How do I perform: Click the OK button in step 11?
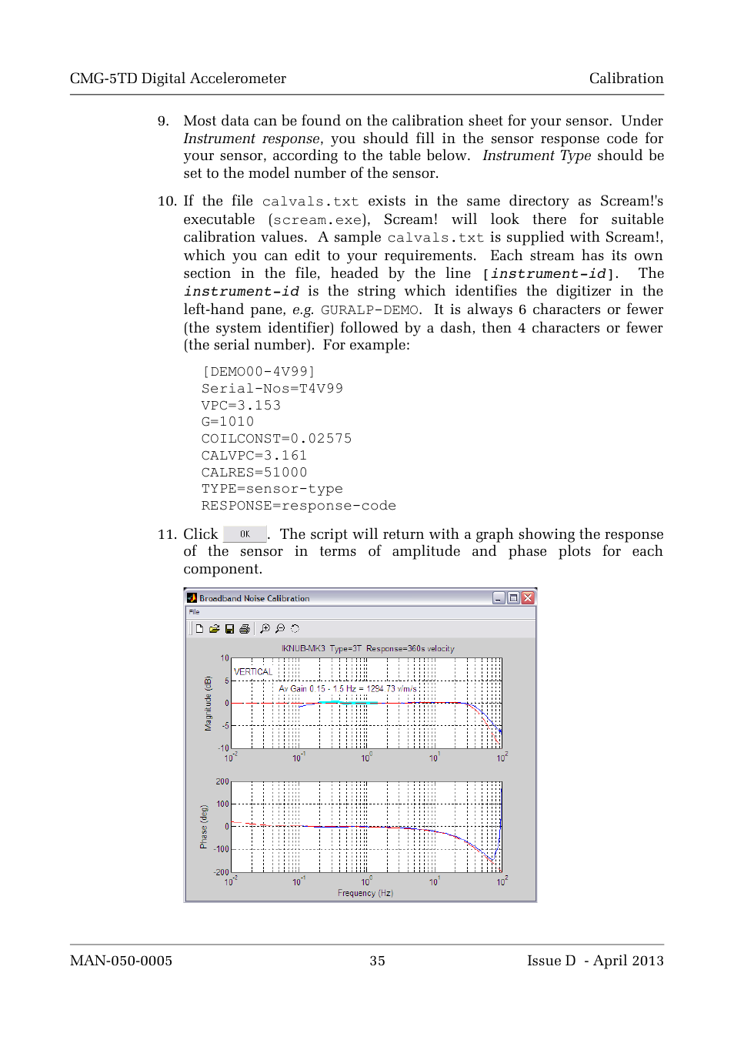(x=245, y=534)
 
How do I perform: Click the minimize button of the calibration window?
(x=499, y=598)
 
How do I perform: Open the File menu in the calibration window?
(x=195, y=612)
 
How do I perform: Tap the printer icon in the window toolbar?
(x=245, y=629)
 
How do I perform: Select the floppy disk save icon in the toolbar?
(x=229, y=629)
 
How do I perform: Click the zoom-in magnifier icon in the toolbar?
(x=265, y=629)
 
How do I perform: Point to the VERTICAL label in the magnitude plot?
(x=253, y=672)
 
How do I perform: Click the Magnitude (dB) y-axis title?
(x=208, y=704)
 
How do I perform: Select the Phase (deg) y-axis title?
(x=204, y=827)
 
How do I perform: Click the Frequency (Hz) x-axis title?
(x=365, y=893)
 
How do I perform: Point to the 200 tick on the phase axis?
(x=222, y=782)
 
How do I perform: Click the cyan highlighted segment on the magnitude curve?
(x=350, y=703)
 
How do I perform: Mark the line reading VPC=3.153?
(x=241, y=406)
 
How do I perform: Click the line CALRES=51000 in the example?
(x=254, y=473)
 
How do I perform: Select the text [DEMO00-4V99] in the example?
(x=259, y=372)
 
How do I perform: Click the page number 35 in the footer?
(x=377, y=961)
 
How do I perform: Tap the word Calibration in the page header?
(x=626, y=79)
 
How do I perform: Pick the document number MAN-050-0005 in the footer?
(x=121, y=961)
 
